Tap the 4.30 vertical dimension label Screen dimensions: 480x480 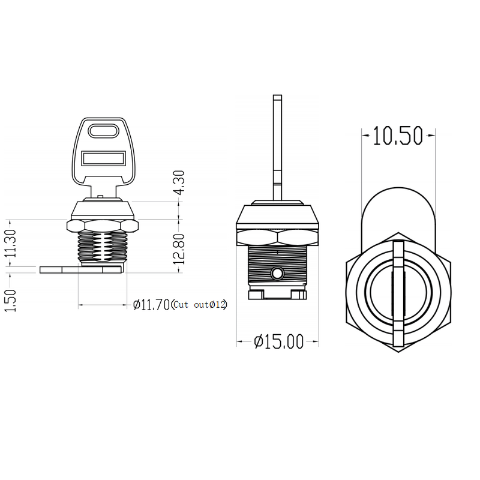click(x=179, y=182)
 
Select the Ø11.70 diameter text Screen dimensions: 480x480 click(x=152, y=305)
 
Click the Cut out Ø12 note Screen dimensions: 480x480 click(x=200, y=305)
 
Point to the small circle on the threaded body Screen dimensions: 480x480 click(x=277, y=274)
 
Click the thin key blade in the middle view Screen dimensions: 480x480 click(x=277, y=144)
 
